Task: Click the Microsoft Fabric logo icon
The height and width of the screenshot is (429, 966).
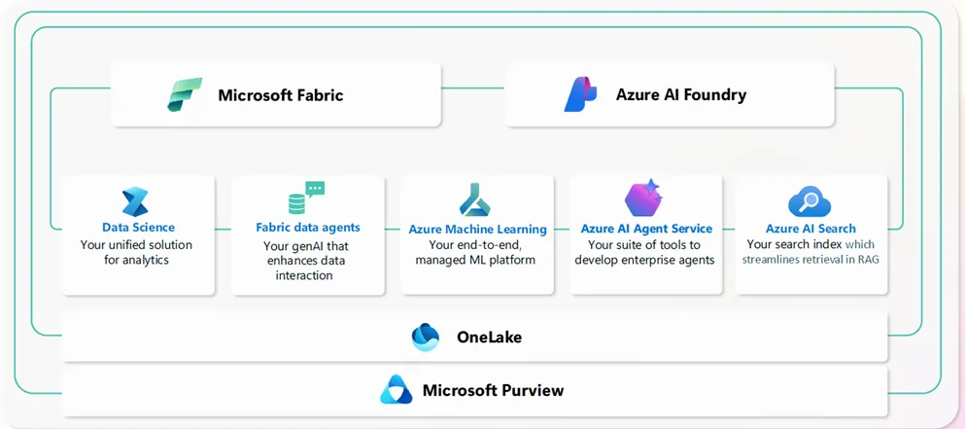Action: pyautogui.click(x=184, y=95)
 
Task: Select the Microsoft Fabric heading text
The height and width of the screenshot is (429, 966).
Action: pyautogui.click(x=280, y=95)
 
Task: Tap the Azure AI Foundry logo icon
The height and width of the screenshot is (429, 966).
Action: pyautogui.click(x=581, y=94)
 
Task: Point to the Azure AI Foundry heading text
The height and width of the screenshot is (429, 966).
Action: pyautogui.click(x=680, y=95)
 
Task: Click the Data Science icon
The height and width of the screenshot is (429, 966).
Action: pyautogui.click(x=135, y=202)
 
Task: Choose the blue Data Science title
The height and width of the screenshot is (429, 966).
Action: pyautogui.click(x=138, y=228)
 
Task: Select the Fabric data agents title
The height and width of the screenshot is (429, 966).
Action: pyautogui.click(x=307, y=228)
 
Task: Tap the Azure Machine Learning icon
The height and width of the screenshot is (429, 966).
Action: pyautogui.click(x=475, y=200)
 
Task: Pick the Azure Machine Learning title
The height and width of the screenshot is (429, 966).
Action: pyautogui.click(x=477, y=230)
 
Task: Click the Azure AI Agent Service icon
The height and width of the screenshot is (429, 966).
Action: pyautogui.click(x=643, y=198)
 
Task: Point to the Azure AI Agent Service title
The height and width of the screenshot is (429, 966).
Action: pyautogui.click(x=646, y=230)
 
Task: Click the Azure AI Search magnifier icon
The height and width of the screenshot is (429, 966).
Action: pyautogui.click(x=810, y=201)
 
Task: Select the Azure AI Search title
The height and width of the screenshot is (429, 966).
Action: pyautogui.click(x=811, y=230)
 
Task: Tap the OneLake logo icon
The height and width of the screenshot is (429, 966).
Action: pyautogui.click(x=426, y=338)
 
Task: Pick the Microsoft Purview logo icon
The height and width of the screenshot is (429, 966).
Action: pyautogui.click(x=396, y=390)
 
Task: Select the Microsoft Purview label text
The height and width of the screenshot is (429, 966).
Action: pyautogui.click(x=493, y=391)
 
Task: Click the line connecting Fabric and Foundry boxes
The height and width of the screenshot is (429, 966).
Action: pyautogui.click(x=472, y=89)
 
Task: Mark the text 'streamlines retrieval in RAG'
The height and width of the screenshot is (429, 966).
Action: pyautogui.click(x=811, y=260)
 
